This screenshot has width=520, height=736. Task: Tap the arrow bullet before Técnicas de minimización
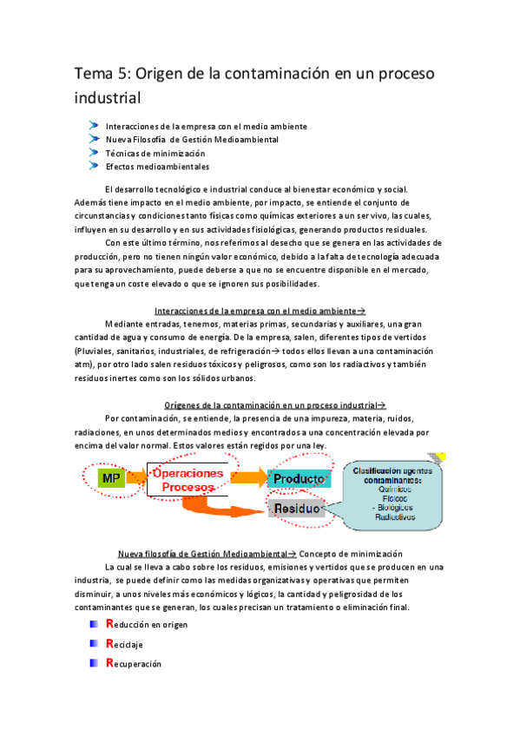[x=95, y=152]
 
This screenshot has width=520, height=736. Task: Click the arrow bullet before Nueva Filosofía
[x=95, y=138]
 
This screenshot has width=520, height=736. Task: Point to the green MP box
[x=110, y=477]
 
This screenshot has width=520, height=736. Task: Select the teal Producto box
[x=299, y=479]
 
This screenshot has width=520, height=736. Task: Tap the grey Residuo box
[x=298, y=509]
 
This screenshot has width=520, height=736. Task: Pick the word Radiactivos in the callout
[x=395, y=516]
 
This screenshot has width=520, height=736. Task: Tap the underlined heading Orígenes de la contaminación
[x=270, y=404]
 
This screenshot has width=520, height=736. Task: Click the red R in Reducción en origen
[x=109, y=623]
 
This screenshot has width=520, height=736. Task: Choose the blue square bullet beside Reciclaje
[x=95, y=644]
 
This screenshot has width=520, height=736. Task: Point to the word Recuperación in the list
[x=137, y=664]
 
